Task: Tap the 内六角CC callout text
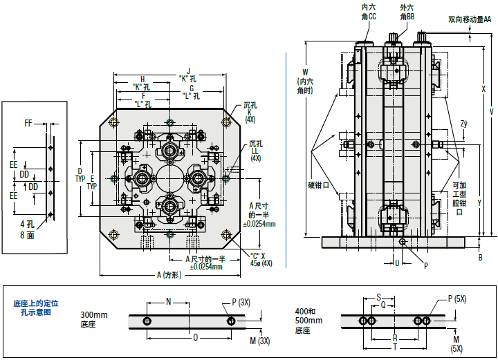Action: (x=369, y=11)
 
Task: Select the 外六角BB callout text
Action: (x=407, y=11)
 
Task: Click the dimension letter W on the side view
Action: (x=304, y=70)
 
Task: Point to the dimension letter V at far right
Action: (x=491, y=111)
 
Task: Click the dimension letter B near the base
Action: (x=481, y=257)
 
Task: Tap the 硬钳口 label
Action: (x=318, y=184)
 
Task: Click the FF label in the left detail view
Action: (x=28, y=123)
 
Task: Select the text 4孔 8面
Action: (x=26, y=229)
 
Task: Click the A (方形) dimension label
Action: (x=168, y=274)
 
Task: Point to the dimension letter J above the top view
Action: (x=187, y=70)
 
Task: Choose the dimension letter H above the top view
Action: (x=142, y=79)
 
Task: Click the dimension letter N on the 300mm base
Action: (x=168, y=301)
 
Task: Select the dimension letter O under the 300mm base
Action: (x=196, y=338)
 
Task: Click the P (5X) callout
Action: (x=458, y=299)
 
